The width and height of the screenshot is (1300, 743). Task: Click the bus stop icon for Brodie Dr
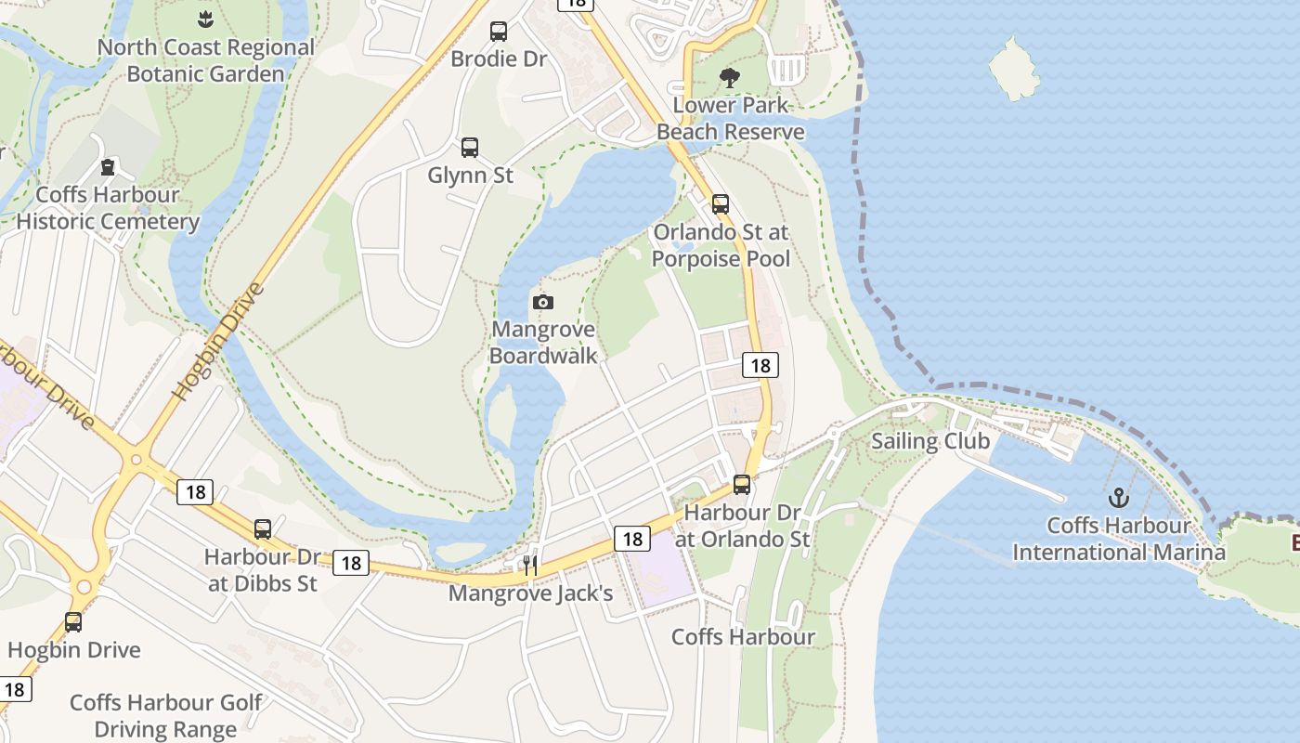point(499,32)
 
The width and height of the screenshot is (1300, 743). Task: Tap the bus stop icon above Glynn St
point(470,147)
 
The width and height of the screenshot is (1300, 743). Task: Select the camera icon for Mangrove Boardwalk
point(543,302)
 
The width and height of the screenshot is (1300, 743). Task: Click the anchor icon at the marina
point(1118,498)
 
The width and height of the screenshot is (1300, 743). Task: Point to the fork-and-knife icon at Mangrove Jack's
point(530,565)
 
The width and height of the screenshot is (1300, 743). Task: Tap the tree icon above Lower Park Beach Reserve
point(730,78)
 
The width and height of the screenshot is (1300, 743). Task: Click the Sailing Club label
point(930,440)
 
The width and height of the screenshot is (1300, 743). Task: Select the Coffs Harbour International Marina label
point(1118,539)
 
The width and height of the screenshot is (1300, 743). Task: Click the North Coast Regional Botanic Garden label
point(205,60)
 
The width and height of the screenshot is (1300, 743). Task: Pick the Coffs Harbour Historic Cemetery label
point(108,208)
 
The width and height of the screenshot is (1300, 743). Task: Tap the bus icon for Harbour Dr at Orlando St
point(741,484)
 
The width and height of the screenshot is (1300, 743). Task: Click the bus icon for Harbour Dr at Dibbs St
point(263,529)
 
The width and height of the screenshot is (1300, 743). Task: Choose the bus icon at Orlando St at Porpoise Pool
point(721,204)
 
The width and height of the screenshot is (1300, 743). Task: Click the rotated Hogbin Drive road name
point(219,341)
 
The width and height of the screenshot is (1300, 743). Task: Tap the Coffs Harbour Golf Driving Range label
point(165,715)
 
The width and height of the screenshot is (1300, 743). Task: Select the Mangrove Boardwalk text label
point(543,342)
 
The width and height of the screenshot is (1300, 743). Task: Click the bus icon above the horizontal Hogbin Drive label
point(73,622)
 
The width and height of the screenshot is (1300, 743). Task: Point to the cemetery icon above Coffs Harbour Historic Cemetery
point(108,167)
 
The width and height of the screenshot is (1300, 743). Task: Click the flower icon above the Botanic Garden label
point(205,18)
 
